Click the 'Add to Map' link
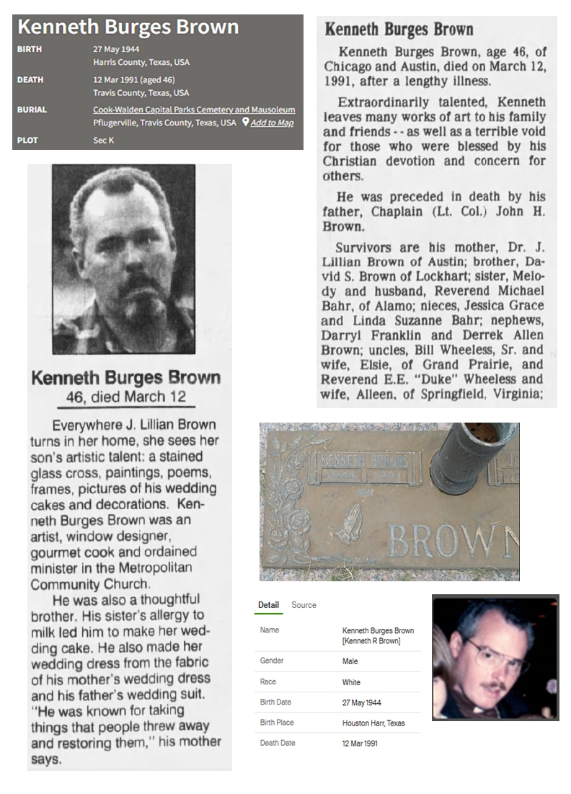click(x=272, y=123)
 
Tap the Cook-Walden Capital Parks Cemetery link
click(x=194, y=110)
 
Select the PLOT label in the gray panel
click(x=27, y=140)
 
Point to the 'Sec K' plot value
click(x=103, y=140)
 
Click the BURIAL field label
click(x=32, y=110)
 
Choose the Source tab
click(x=304, y=605)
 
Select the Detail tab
click(x=268, y=605)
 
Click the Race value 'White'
click(x=351, y=682)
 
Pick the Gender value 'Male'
click(x=350, y=661)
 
